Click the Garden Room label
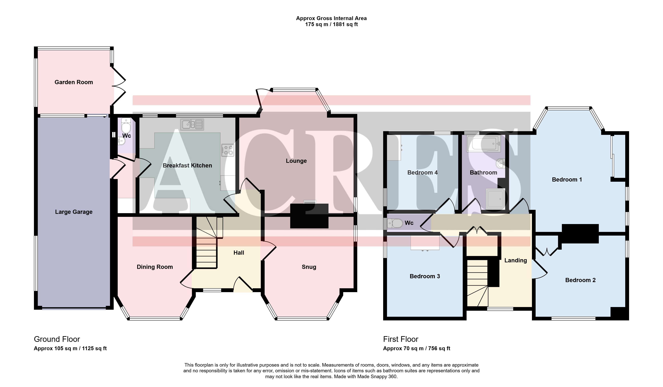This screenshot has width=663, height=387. click(x=74, y=82)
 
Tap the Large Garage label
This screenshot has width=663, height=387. click(x=74, y=212)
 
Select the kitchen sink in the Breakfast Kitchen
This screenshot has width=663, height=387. click(x=192, y=124)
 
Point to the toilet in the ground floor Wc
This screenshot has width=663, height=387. click(x=126, y=126)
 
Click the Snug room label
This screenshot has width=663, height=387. click(x=309, y=267)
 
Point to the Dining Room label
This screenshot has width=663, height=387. click(x=155, y=267)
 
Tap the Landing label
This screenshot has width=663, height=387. click(x=516, y=260)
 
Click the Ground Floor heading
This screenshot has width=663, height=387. click(x=57, y=339)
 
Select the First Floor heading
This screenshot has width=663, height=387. click(x=401, y=339)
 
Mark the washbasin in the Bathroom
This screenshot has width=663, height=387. click(x=500, y=163)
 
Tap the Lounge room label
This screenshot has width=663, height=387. click(x=296, y=161)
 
